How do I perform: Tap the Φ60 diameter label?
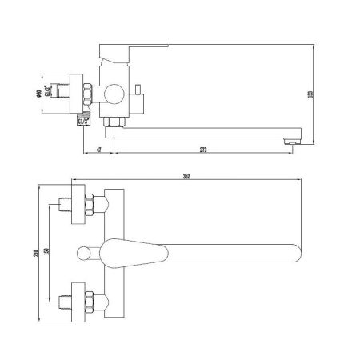[39, 88]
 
